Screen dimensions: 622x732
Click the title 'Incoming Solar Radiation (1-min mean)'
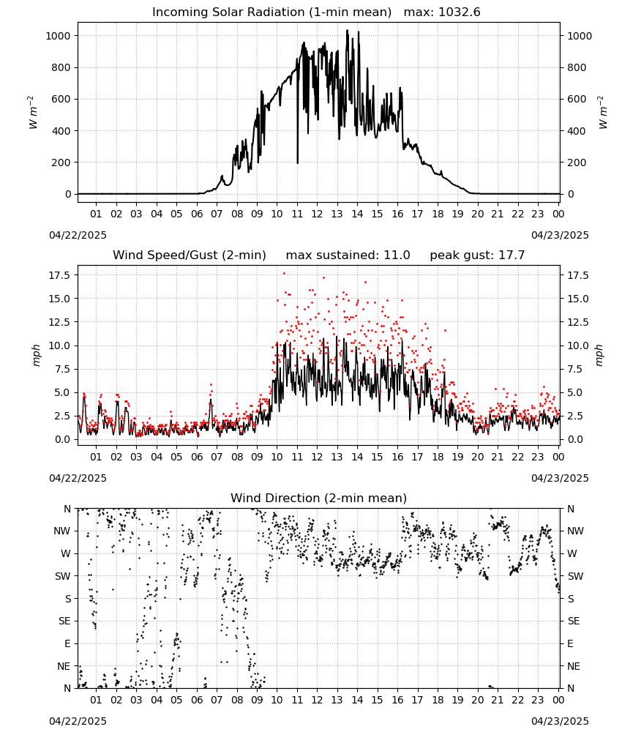pos(271,12)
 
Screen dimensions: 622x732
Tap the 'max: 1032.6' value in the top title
pos(442,12)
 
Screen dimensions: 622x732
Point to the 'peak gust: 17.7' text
pos(477,255)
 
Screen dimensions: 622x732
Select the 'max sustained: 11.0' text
pos(348,255)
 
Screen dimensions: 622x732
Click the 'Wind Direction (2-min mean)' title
pos(319,498)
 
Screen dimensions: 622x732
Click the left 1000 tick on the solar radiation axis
pos(59,36)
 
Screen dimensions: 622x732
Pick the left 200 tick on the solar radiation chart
pos(61,163)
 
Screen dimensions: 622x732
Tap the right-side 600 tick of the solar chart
pos(577,99)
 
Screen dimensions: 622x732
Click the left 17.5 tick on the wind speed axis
pos(60,275)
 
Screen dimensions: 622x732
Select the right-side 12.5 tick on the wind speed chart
pos(578,322)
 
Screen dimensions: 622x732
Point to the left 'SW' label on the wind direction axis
pos(63,576)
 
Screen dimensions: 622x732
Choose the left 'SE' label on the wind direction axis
pos(64,621)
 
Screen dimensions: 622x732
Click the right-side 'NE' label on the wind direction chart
pos(574,666)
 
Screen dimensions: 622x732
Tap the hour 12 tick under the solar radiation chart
pos(318,214)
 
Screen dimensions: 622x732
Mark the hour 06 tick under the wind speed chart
pos(197,457)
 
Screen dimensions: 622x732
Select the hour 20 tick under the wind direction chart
pos(477,700)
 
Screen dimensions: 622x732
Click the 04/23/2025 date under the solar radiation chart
pos(560,235)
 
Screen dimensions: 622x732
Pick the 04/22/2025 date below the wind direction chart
pos(78,721)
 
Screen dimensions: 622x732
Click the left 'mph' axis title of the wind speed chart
pos(37,355)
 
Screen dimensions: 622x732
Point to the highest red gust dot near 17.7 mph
pos(284,274)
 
